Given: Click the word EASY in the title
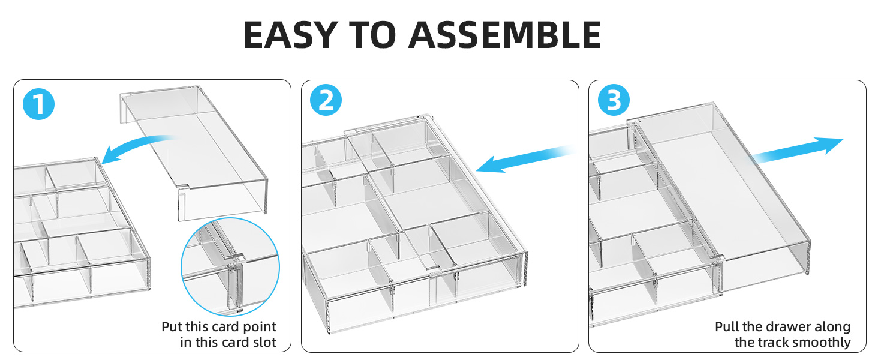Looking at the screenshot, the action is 291,35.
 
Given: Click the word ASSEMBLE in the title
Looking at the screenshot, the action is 505,35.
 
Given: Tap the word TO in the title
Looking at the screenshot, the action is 373,35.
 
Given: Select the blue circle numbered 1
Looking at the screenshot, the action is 39,104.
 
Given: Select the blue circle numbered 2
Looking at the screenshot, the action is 326,100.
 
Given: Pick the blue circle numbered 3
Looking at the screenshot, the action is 614,100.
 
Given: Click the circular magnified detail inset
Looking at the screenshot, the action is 230,266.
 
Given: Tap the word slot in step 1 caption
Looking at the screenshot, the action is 264,343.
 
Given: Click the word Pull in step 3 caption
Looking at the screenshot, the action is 727,326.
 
